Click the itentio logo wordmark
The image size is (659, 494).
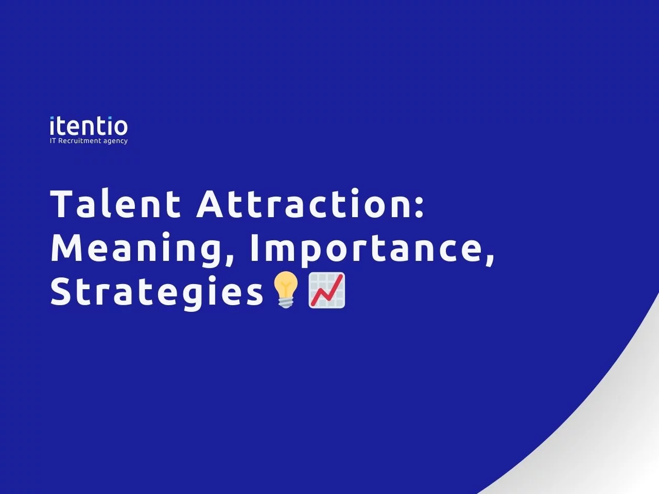tap(89, 127)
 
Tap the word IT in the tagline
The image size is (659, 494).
tap(53, 141)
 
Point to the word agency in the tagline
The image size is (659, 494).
tap(115, 142)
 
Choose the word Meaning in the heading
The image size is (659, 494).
tap(136, 248)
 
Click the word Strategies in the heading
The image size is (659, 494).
tap(157, 292)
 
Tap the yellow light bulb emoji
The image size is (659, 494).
tap(286, 290)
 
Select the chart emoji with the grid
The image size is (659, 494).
tap(326, 290)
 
